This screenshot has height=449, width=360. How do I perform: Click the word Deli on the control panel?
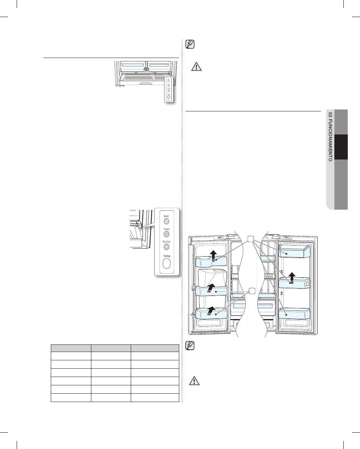pos(166,216)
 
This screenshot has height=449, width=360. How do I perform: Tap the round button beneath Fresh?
pos(166,234)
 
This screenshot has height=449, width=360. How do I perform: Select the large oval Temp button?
pos(166,264)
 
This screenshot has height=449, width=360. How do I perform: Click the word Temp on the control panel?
pos(167,256)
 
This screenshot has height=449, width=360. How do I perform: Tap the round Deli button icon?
pos(166,221)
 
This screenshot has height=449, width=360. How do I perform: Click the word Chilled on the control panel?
pos(167,242)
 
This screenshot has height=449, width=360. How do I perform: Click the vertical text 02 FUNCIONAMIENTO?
pos(330,136)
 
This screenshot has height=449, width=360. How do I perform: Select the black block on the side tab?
pos(341,147)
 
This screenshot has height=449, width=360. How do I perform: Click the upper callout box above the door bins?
pos(250,239)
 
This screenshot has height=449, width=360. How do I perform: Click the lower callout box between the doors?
pos(252,291)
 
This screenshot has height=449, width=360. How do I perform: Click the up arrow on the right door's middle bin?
pos(291,278)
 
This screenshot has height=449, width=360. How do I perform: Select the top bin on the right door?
pos(295,251)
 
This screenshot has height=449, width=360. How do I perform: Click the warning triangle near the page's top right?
pos(196,67)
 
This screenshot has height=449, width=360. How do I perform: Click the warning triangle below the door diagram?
pos(194,381)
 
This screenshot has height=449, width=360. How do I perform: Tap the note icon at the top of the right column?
pos(190,44)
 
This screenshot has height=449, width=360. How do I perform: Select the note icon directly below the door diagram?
pos(190,346)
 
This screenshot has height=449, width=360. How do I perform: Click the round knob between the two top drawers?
pos(146,69)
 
